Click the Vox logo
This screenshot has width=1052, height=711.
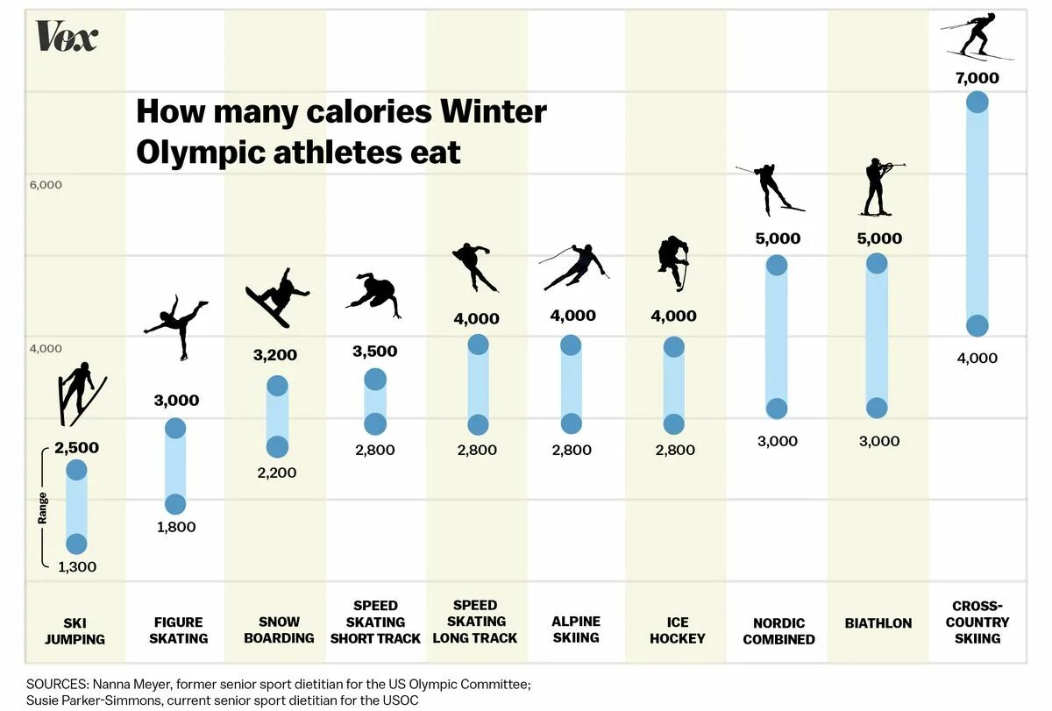[67, 36]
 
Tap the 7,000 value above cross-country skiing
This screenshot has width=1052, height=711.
[977, 78]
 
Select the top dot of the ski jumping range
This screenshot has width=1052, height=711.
[77, 470]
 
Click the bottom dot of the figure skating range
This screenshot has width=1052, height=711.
[175, 504]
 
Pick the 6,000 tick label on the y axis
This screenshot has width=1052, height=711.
[46, 185]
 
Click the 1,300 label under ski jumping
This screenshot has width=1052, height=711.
[77, 566]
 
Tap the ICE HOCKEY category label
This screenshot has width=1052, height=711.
[677, 630]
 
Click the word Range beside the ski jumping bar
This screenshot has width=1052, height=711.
[42, 508]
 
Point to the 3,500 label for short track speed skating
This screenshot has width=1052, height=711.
[375, 352]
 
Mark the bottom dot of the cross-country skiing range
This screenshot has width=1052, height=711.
[977, 326]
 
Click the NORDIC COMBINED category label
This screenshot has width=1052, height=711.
[778, 631]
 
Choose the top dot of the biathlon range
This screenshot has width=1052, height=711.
[877, 264]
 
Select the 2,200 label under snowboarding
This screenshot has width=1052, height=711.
[276, 473]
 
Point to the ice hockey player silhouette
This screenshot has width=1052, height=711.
[673, 262]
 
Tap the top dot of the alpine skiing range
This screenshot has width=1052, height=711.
[571, 345]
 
